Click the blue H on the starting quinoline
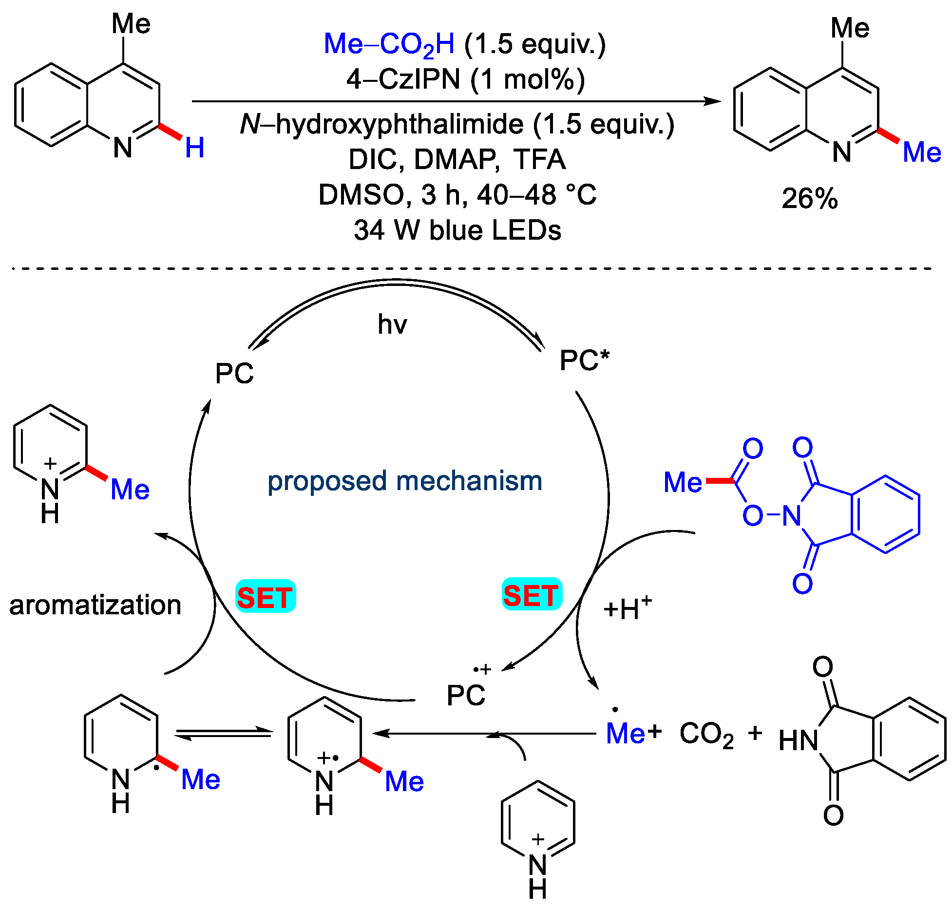[x=194, y=148]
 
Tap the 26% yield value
[x=809, y=198]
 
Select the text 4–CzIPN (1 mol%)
[x=465, y=79]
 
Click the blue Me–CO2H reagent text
[x=389, y=44]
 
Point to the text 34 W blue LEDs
[x=457, y=230]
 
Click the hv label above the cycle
[x=392, y=324]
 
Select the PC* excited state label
[x=584, y=360]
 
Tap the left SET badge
[x=266, y=596]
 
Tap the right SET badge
[x=532, y=594]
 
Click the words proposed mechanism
[x=404, y=481]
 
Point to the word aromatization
[x=95, y=605]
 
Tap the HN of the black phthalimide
[x=798, y=741]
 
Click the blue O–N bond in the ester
[x=773, y=514]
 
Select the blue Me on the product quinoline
[x=921, y=152]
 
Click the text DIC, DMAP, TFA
[x=457, y=159]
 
